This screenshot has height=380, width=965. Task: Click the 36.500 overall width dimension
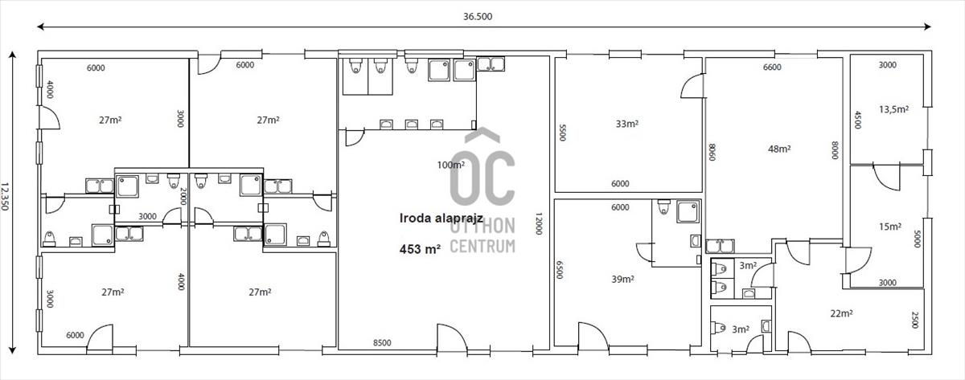478,16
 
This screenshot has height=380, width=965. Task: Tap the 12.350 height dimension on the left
5,196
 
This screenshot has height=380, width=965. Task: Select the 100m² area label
451,165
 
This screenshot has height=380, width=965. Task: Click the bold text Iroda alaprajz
441,219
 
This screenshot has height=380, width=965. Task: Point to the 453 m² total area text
420,249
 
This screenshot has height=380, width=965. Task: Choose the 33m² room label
626,124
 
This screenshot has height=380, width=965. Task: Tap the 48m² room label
779,149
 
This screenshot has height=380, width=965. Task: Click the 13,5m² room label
894,109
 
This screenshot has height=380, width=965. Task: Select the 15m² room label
890,227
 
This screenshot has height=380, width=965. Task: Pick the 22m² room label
842,313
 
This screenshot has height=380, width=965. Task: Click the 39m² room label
622,279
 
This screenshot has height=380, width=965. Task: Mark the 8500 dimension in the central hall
382,342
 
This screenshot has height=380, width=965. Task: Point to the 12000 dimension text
539,223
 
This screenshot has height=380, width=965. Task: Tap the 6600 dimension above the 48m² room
772,67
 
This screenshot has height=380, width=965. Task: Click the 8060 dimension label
712,152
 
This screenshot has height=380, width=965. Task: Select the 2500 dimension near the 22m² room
915,320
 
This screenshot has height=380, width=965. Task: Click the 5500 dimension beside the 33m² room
562,132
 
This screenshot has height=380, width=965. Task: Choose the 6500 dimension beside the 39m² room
559,269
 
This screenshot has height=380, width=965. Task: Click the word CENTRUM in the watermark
482,246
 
